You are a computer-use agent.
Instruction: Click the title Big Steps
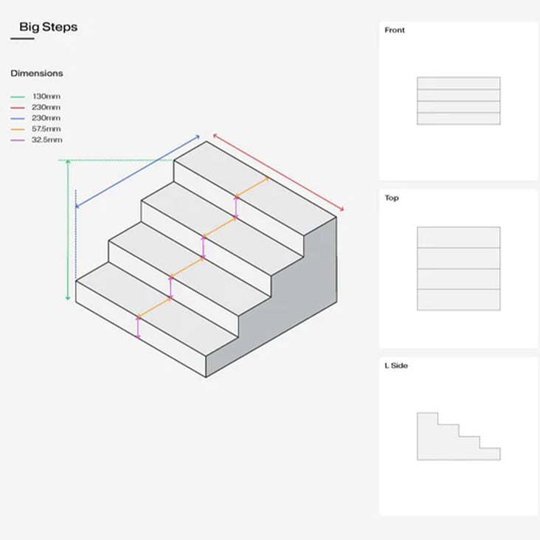tap(48, 27)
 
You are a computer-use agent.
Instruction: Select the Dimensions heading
tap(37, 73)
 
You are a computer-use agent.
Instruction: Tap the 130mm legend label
tap(46, 97)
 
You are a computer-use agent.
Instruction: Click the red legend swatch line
tap(18, 108)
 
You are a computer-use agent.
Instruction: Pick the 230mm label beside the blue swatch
tap(46, 118)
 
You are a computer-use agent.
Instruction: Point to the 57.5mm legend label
tap(46, 129)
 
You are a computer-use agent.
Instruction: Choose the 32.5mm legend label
tap(46, 139)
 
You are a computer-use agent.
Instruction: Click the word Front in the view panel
tap(395, 30)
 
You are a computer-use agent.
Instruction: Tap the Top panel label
tap(392, 198)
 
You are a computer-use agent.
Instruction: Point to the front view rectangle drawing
tap(458, 101)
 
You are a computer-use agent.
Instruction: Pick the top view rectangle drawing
tap(458, 269)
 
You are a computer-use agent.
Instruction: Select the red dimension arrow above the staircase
tap(278, 172)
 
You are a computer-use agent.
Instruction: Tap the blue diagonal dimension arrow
tap(138, 171)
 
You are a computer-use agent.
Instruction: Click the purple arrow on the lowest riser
tap(138, 326)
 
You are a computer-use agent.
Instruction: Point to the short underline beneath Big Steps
tap(22, 39)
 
